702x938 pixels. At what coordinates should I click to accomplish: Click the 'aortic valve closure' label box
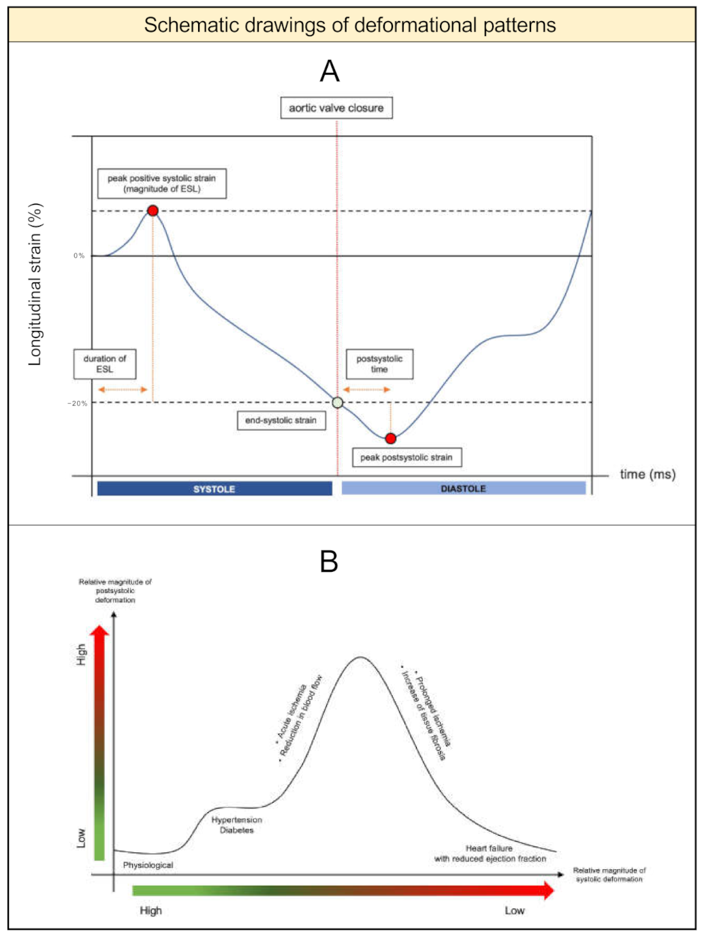tap(336, 108)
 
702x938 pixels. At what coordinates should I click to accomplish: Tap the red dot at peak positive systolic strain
tap(153, 210)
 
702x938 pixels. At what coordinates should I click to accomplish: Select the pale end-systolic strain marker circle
tap(338, 402)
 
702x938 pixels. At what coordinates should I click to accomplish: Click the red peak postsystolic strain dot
tap(390, 438)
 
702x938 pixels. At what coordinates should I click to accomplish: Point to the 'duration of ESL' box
tap(105, 364)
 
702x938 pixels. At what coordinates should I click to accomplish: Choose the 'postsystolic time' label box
tap(379, 364)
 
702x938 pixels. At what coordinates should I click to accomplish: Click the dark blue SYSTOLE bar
tap(214, 489)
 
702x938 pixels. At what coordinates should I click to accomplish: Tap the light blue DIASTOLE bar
tap(463, 488)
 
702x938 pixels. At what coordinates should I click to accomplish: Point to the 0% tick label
tap(80, 256)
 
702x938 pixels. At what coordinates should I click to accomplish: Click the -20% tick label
tap(78, 403)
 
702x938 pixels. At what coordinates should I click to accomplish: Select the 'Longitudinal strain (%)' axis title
tap(35, 284)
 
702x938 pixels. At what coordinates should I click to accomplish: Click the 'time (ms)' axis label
tap(648, 474)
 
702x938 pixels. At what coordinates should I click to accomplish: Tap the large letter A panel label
tap(330, 71)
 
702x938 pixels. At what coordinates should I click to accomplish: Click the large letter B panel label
tap(329, 562)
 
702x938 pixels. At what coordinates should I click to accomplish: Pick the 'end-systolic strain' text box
tap(281, 421)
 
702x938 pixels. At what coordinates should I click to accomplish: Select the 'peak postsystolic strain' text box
tap(406, 457)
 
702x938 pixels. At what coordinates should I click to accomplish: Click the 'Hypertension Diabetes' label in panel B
tap(236, 825)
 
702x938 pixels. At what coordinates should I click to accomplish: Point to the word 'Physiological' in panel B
tap(148, 865)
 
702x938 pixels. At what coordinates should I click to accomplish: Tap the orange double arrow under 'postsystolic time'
tap(366, 389)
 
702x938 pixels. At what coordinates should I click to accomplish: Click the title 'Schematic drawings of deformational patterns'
tap(350, 25)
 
